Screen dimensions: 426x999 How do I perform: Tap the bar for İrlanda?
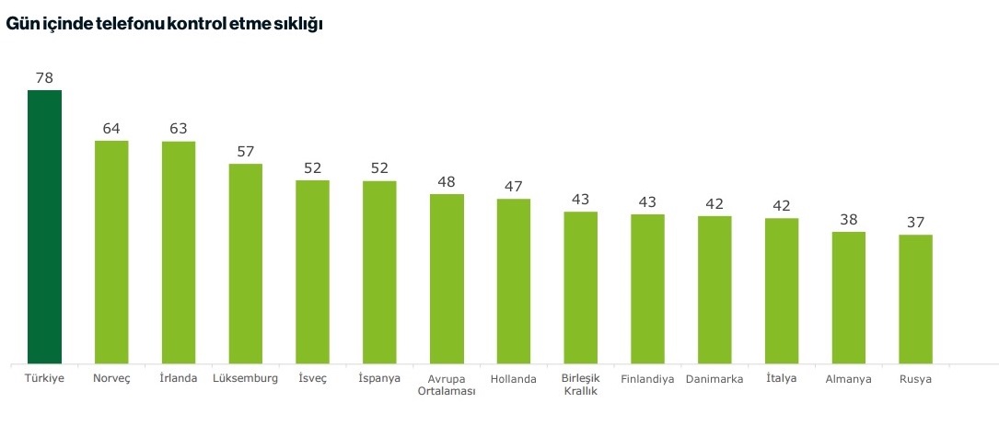179,252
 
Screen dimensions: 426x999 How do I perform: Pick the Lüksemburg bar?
245,263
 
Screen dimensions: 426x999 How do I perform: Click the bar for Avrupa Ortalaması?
447,279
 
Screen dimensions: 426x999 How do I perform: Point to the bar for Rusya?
915,299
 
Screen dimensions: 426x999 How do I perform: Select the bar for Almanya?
848,297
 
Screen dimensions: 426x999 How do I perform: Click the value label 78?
44,78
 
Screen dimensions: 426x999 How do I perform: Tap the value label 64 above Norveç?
111,128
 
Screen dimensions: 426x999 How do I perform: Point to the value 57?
245,152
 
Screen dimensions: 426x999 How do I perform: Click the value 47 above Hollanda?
513,187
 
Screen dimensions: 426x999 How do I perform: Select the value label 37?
915,223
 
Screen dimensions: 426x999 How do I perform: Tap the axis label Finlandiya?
647,379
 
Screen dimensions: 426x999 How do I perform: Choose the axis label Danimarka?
714,379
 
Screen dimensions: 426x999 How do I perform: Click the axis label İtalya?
781,378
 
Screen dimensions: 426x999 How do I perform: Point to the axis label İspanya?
379,379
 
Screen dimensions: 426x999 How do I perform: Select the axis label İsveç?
312,378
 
